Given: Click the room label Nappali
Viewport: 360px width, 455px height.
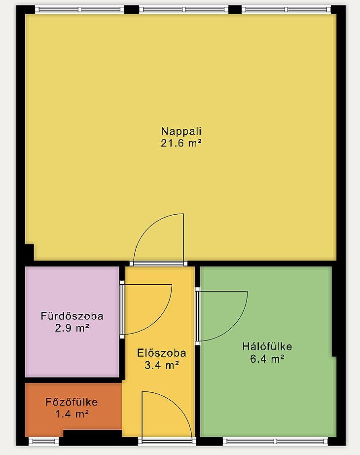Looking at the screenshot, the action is [x=181, y=131].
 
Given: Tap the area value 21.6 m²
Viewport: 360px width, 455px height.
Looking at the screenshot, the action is [x=181, y=143].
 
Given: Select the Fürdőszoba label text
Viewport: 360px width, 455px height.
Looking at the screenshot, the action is [x=72, y=316].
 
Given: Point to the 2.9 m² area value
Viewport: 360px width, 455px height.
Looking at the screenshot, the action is [x=72, y=328].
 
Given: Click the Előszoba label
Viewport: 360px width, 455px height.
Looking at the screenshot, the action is [x=161, y=353].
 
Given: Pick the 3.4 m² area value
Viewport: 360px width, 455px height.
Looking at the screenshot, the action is [x=161, y=365].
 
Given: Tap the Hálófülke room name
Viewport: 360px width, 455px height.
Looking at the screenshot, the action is [x=267, y=347].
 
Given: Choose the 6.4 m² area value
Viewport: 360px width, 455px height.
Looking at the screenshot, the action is [x=267, y=359].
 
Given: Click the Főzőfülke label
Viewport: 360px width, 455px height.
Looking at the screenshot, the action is [x=72, y=402].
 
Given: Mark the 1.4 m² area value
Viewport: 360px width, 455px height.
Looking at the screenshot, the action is [x=72, y=414].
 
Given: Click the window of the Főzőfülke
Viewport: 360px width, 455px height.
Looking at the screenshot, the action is [x=44, y=441].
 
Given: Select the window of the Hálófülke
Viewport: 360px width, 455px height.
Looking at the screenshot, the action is [x=275, y=441].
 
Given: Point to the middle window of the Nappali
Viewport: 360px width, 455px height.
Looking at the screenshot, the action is [x=183, y=9].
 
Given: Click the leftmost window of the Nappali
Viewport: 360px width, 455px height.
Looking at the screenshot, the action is [x=79, y=9].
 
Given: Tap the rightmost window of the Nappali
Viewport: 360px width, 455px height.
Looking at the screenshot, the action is [x=286, y=9].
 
